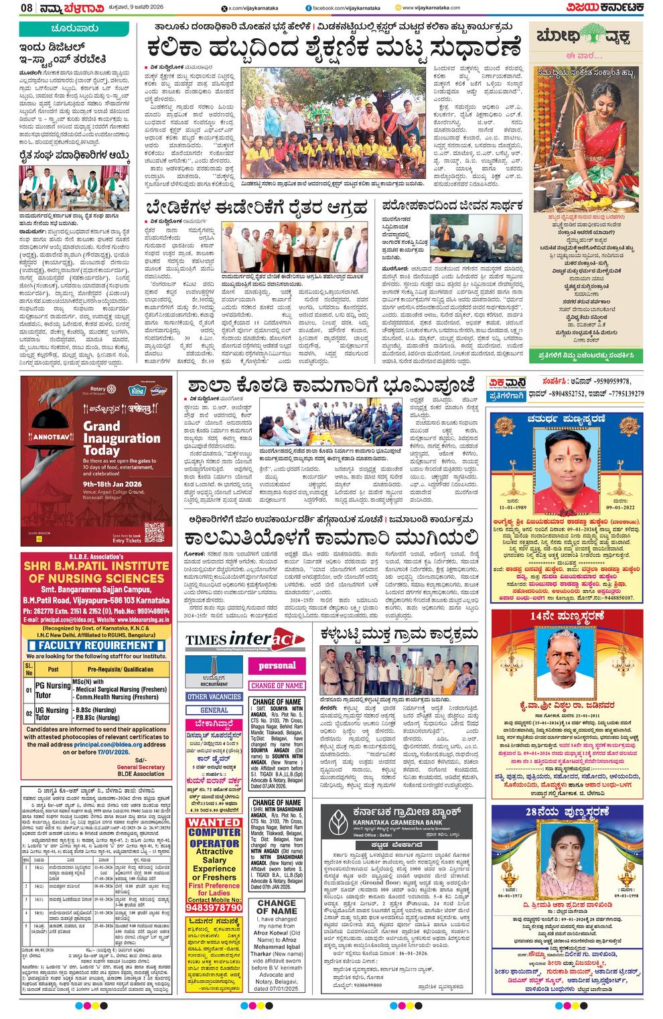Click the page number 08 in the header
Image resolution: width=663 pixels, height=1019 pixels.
(27, 7)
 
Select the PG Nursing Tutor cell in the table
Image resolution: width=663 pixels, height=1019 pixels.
(53, 690)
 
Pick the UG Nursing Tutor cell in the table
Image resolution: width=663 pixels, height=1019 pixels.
(53, 714)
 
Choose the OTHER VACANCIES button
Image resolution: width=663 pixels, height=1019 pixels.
(214, 697)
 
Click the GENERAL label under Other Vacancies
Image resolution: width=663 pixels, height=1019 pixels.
(214, 710)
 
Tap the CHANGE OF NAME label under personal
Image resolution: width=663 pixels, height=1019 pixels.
(277, 686)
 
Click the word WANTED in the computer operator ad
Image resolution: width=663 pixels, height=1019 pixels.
(214, 822)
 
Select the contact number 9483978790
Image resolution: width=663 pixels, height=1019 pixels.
(214, 908)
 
